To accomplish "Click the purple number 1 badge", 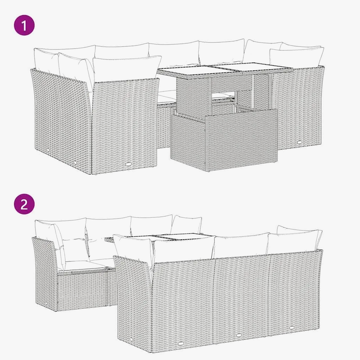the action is (24, 25).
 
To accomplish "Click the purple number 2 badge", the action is (24, 204).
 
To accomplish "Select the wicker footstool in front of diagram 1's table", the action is (224, 140).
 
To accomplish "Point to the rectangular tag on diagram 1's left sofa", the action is (129, 164).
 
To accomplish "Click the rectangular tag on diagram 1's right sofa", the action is (299, 142).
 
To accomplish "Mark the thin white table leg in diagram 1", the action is (253, 91).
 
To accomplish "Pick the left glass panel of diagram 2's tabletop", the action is (140, 238).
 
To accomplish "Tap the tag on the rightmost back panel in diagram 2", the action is (292, 328).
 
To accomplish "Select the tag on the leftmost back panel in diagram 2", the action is (180, 344).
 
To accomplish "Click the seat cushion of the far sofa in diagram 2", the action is (84, 265).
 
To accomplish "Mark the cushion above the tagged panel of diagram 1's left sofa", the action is (127, 68).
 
